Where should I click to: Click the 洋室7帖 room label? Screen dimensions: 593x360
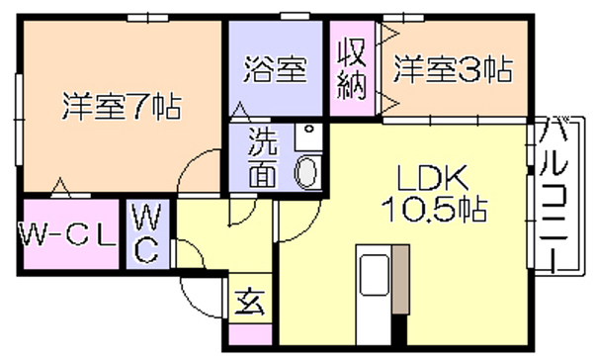[122, 107]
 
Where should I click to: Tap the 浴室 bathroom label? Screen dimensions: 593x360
[275, 69]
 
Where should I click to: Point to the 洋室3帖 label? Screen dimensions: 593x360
[453, 69]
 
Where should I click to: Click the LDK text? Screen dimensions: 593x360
[432, 178]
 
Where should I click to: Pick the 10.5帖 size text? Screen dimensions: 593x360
[434, 210]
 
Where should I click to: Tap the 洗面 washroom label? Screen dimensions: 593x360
[263, 158]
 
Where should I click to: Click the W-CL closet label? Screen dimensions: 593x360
[67, 235]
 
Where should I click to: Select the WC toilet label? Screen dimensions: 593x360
[146, 233]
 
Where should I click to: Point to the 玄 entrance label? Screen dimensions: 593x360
[250, 302]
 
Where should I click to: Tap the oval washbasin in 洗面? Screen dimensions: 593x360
[307, 173]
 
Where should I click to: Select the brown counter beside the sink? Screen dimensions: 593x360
[400, 280]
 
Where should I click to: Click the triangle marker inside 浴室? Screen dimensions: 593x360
[240, 111]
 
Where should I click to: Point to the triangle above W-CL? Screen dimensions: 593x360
[60, 187]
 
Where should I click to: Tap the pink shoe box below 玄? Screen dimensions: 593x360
[250, 334]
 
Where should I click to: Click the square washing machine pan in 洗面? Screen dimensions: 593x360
[308, 136]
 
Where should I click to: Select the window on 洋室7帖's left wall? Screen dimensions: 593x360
[18, 120]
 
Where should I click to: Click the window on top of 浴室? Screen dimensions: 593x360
[295, 16]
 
